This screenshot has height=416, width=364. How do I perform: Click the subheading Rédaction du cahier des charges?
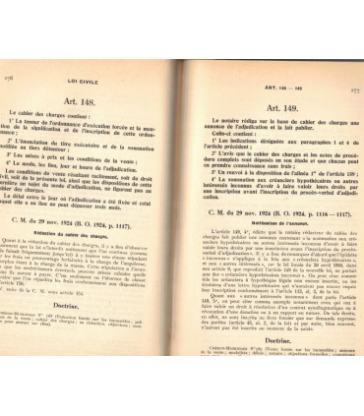tap(84, 233)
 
